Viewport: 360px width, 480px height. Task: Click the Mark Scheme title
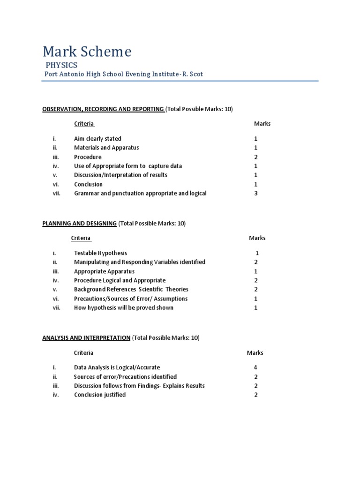click(x=87, y=51)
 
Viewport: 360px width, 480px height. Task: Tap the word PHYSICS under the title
click(x=61, y=65)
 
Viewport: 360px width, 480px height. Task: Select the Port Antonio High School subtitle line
click(x=123, y=74)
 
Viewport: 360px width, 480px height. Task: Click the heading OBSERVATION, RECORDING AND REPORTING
click(x=103, y=109)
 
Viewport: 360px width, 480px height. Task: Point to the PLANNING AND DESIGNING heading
click(x=79, y=224)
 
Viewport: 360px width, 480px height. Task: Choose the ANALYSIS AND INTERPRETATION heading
click(x=86, y=337)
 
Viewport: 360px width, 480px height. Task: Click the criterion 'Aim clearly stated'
click(x=97, y=139)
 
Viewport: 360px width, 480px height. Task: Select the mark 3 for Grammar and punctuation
click(x=256, y=193)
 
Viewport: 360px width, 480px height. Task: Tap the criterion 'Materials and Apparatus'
click(x=106, y=148)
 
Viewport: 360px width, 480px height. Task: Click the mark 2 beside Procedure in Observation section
click(x=256, y=157)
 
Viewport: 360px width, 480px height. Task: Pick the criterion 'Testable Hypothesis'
click(x=100, y=253)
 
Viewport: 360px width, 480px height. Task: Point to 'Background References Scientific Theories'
click(x=131, y=289)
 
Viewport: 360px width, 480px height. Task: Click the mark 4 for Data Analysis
click(x=256, y=367)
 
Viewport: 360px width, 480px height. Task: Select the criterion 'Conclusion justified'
click(x=100, y=395)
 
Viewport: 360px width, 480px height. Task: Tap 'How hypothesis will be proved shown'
click(x=124, y=307)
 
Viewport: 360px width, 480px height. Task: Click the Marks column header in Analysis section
click(x=255, y=352)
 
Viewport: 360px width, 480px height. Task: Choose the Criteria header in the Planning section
click(x=81, y=238)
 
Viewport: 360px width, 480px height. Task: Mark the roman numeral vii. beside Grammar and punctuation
click(x=57, y=193)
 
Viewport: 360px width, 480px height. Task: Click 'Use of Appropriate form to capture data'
click(x=128, y=166)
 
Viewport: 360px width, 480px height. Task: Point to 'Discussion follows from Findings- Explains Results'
click(x=139, y=386)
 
